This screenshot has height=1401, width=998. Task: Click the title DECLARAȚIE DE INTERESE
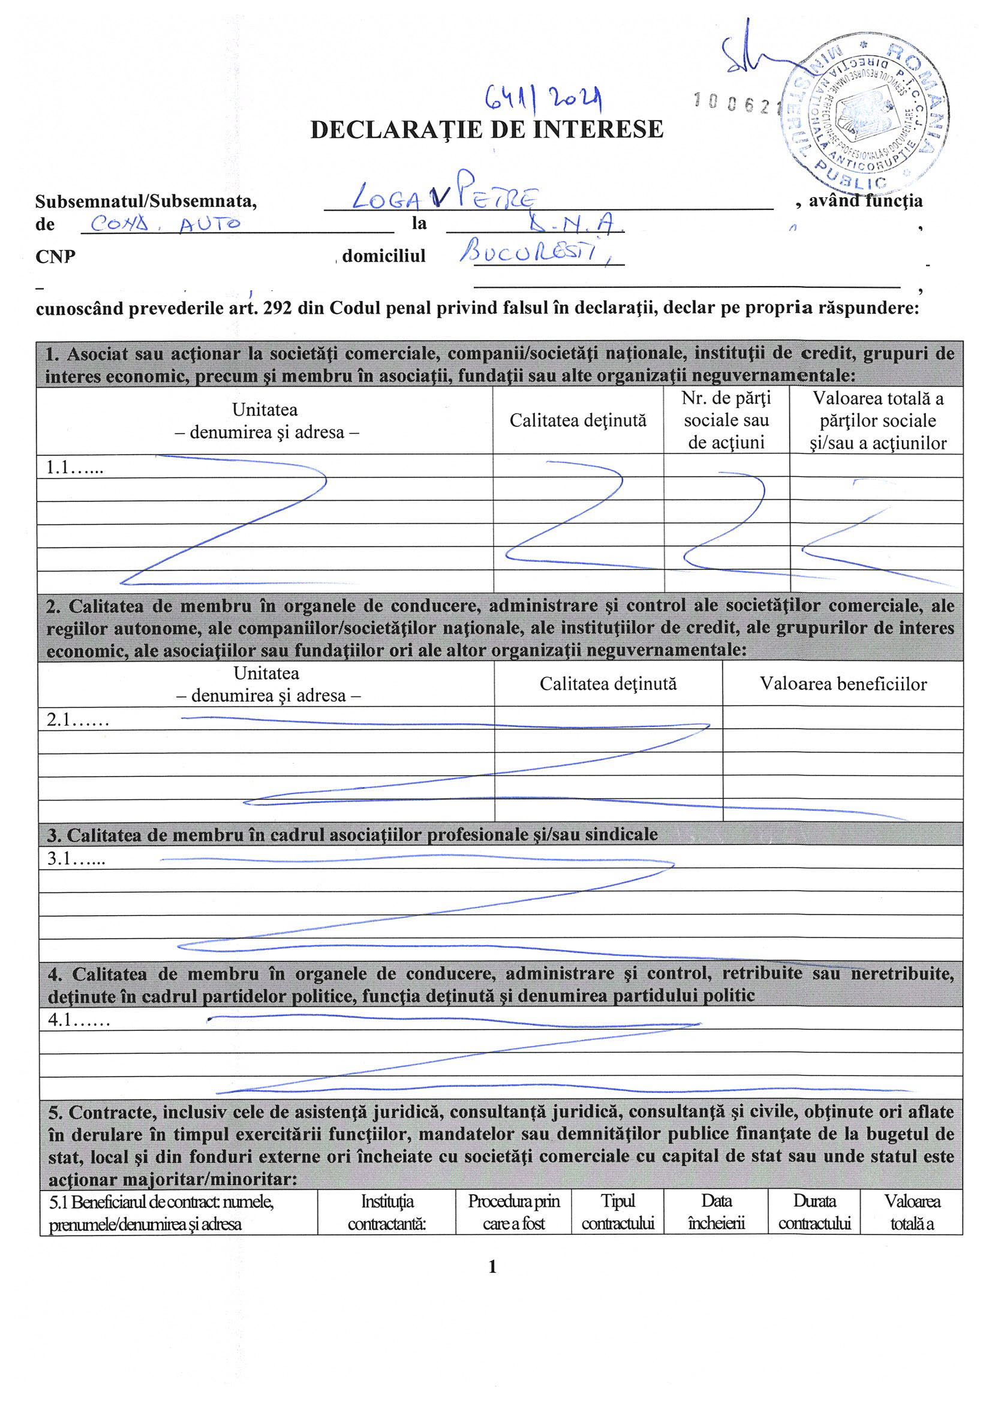487,130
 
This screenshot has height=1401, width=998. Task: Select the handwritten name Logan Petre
445,197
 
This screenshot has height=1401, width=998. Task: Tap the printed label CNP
55,256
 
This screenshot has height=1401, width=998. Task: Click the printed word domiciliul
383,255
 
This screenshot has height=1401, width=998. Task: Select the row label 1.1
74,468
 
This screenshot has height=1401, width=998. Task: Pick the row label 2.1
77,720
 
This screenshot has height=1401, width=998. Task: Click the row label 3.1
76,858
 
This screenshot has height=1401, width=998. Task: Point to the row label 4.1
79,1020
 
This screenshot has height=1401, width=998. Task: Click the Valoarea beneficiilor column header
843,684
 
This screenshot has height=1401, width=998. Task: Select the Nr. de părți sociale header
726,420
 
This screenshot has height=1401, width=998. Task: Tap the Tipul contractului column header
618,1212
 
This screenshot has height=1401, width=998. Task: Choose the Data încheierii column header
716,1212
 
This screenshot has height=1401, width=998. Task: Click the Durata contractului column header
814,1212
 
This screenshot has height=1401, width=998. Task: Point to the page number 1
492,1267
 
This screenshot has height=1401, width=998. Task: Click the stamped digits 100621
734,103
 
